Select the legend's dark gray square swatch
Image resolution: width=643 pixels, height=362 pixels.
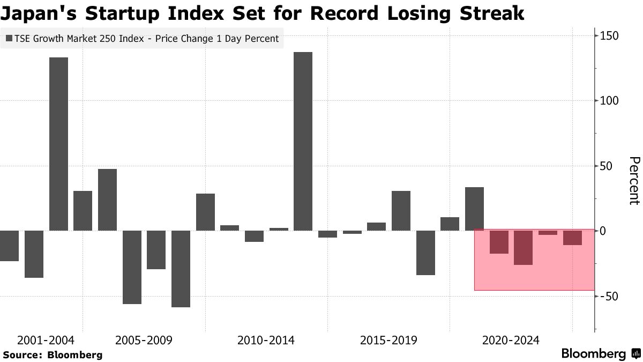pyautogui.click(x=9, y=39)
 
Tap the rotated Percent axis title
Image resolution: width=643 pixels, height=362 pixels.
pyautogui.click(x=634, y=181)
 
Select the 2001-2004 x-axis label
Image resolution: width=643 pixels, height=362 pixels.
pyautogui.click(x=46, y=341)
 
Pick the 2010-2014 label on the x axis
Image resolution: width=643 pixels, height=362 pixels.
pyautogui.click(x=266, y=341)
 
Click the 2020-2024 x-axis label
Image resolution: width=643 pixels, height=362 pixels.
pyautogui.click(x=511, y=341)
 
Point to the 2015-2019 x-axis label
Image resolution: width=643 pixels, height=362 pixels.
pyautogui.click(x=388, y=341)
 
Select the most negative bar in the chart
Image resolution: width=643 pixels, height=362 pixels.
pyautogui.click(x=181, y=269)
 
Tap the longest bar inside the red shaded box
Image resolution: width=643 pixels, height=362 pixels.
pyautogui.click(x=524, y=248)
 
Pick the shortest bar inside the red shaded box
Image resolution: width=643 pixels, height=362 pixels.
pyautogui.click(x=548, y=233)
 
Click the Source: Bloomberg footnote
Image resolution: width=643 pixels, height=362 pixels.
pyautogui.click(x=53, y=355)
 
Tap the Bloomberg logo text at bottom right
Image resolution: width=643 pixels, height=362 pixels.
pyautogui.click(x=594, y=354)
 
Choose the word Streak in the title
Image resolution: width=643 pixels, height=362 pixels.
pyautogui.click(x=490, y=13)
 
